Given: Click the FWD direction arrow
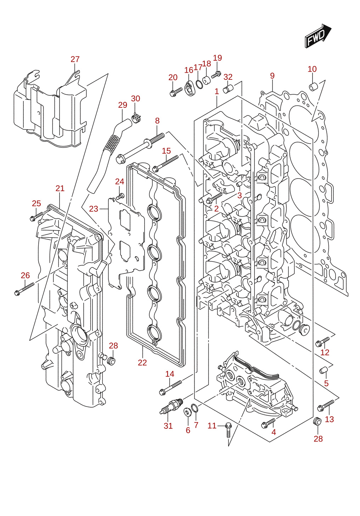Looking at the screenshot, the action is (x=318, y=36).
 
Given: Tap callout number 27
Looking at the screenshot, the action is (x=75, y=60).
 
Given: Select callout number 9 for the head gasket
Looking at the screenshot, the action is (x=272, y=76).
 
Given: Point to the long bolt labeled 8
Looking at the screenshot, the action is (x=141, y=148).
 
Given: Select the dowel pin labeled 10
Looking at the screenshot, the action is (x=313, y=87).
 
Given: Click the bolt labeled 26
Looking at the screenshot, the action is (x=24, y=289).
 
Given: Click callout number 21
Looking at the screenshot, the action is (x=60, y=188).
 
